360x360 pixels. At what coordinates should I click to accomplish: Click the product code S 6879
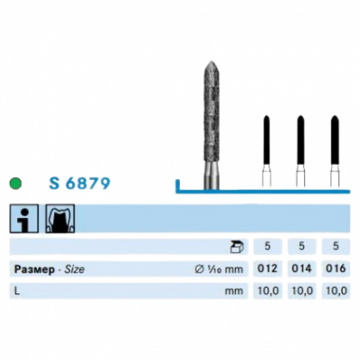click(x=79, y=184)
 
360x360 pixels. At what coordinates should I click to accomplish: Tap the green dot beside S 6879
click(x=15, y=184)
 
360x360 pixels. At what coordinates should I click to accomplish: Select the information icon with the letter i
click(x=24, y=219)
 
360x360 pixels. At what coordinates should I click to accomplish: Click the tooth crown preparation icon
click(x=60, y=219)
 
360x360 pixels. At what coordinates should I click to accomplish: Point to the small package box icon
click(x=237, y=247)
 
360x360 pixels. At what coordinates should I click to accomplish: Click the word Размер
click(x=34, y=269)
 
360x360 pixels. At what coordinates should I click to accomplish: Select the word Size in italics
click(x=75, y=269)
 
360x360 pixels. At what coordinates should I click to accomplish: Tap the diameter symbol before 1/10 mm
click(x=199, y=269)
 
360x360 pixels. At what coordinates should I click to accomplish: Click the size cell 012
click(x=267, y=268)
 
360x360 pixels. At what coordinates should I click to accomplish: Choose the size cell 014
click(x=301, y=268)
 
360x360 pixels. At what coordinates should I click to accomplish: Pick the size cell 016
click(x=336, y=268)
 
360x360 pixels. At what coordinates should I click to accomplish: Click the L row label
click(x=17, y=291)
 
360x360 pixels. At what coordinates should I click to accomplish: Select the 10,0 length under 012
click(x=267, y=291)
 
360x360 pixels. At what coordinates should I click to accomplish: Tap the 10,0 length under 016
click(x=336, y=291)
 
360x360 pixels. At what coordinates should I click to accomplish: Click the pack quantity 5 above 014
click(x=301, y=247)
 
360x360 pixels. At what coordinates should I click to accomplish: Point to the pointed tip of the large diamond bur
click(x=211, y=61)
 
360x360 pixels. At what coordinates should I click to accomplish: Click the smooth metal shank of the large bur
click(x=211, y=176)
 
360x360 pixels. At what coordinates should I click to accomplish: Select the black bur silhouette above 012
click(x=266, y=140)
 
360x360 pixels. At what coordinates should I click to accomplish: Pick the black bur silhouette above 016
click(x=335, y=140)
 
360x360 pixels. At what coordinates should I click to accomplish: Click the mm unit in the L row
click(x=234, y=291)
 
